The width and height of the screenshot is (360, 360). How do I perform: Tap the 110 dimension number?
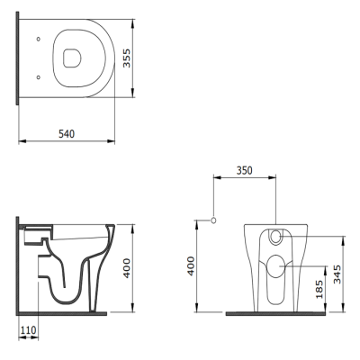tap(28, 330)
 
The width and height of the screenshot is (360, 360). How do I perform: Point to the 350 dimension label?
tap(243, 168)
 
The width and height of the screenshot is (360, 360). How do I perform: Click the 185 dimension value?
tap(319, 289)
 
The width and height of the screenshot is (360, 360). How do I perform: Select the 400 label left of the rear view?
tap(191, 266)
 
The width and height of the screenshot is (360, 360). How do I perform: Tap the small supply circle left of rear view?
tap(214, 220)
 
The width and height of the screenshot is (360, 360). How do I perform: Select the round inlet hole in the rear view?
tap(275, 238)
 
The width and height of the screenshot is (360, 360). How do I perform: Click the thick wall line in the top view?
tap(20, 58)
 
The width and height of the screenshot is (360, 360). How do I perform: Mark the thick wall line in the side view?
tap(20, 265)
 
